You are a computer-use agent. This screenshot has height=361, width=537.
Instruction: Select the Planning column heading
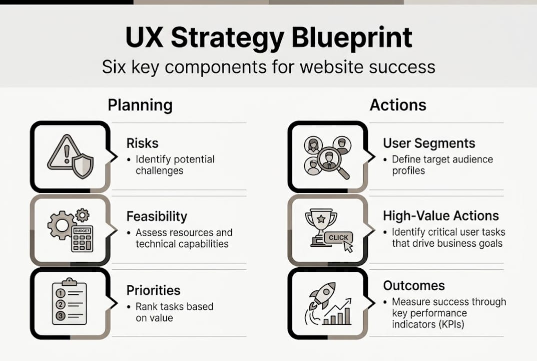point(140,105)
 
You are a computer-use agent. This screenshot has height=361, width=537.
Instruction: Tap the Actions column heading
point(398,105)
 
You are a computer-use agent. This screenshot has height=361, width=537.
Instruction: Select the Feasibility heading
point(157,217)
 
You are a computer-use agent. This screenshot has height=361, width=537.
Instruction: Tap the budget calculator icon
point(82,238)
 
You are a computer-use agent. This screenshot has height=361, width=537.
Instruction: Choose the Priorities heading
point(153,291)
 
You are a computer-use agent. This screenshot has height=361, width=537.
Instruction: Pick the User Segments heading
point(429,143)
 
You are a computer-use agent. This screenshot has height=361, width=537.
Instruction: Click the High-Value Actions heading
point(441,216)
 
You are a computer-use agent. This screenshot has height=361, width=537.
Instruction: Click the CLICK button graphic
point(338,238)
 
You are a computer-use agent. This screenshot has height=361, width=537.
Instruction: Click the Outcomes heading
point(413,286)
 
